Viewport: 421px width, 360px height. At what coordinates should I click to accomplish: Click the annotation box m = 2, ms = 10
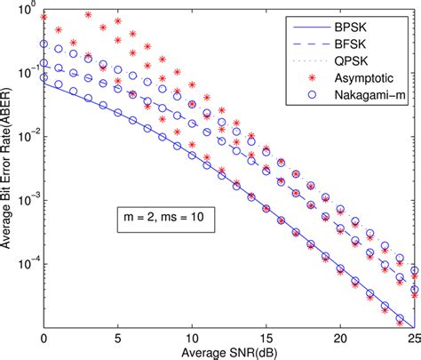pyautogui.click(x=155, y=217)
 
